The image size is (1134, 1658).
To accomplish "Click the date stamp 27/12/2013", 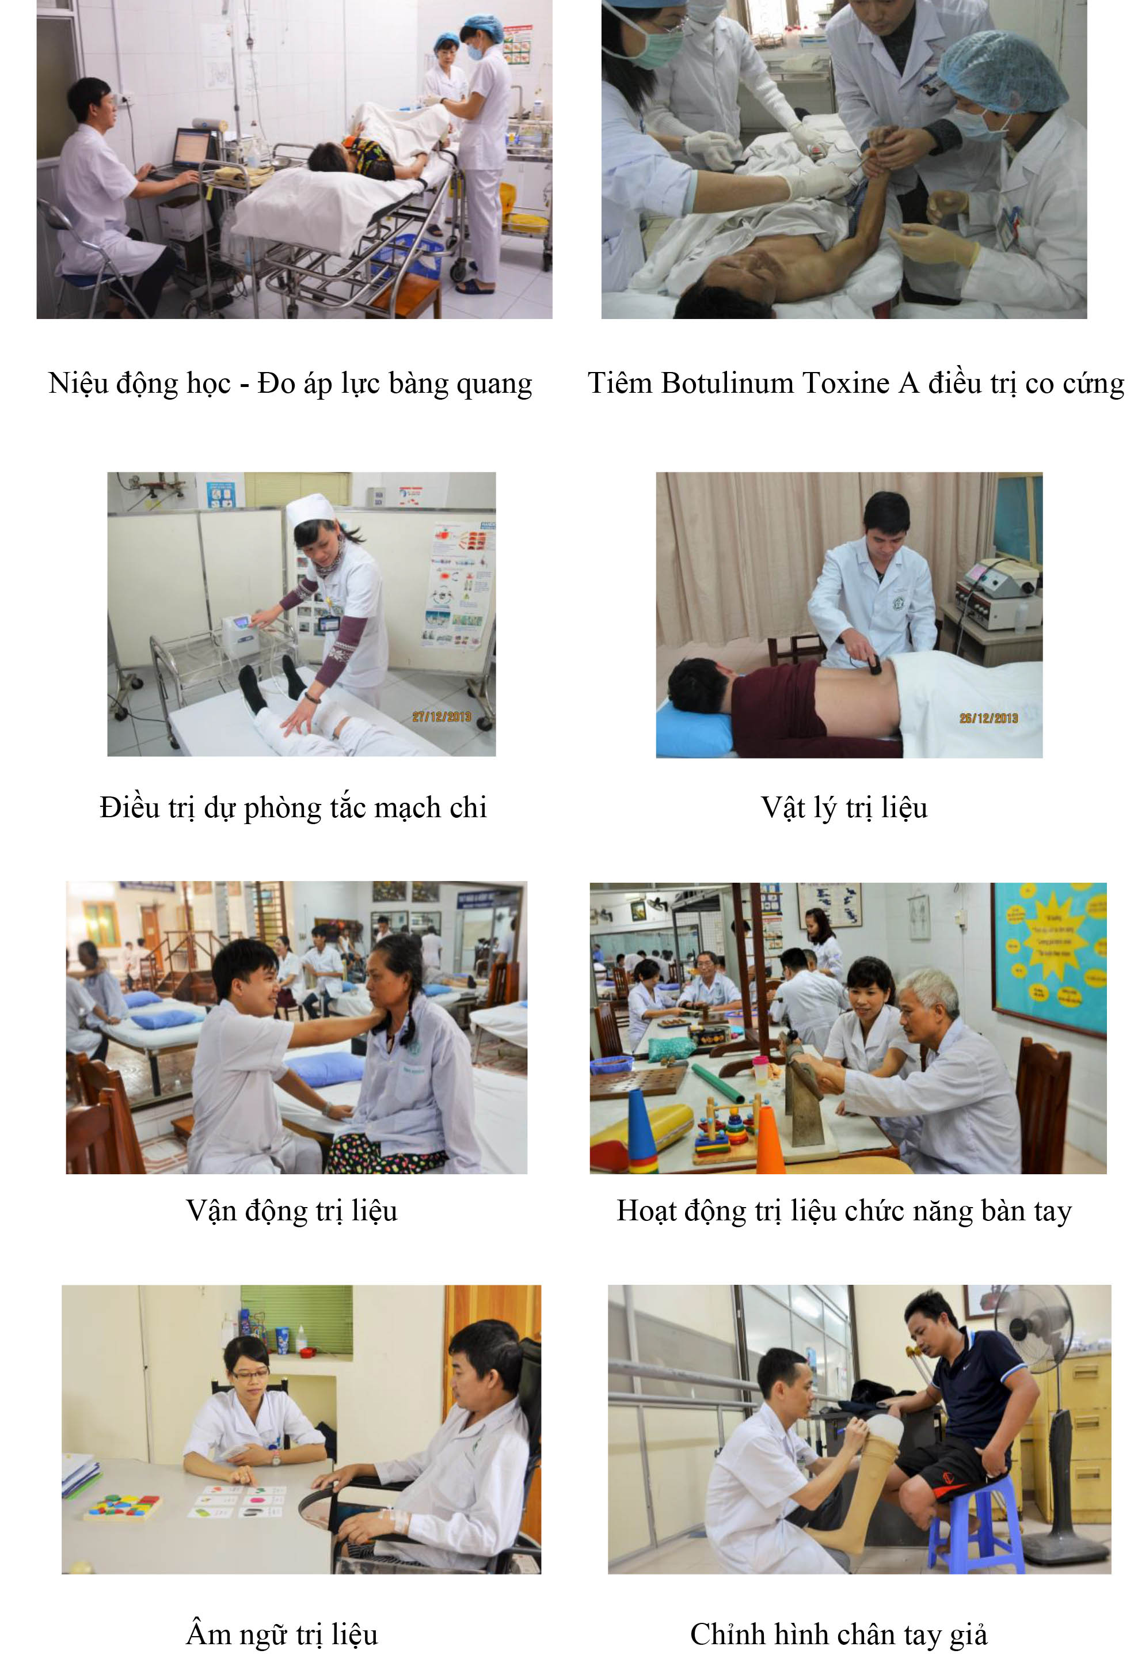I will point(442,716).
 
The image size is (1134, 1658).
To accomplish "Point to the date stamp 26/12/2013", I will point(988,718).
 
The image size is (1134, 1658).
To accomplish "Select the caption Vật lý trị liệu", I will point(844,807).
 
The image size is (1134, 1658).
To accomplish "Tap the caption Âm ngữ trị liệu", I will point(281,1633).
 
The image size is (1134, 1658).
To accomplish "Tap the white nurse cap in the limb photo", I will point(310,508).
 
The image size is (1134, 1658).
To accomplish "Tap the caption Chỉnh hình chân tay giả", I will point(838,1633).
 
